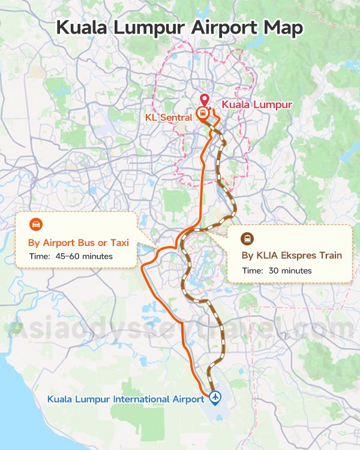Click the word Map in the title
[283, 28]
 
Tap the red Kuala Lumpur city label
[257, 104]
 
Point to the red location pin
[204, 101]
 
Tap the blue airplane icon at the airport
[214, 397]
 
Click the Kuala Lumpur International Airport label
[125, 399]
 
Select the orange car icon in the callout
[37, 225]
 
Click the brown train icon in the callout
[247, 238]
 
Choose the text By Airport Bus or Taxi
[79, 243]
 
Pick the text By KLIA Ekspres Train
[292, 256]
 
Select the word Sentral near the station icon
[177, 118]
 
